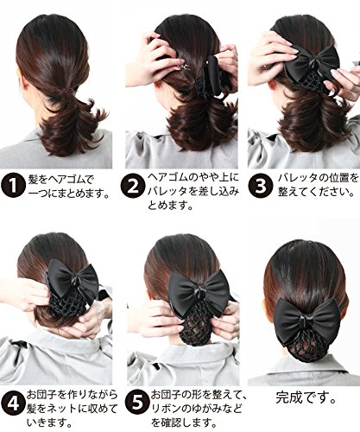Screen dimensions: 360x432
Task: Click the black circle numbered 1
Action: (x=13, y=186)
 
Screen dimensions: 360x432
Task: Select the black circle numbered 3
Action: (x=260, y=186)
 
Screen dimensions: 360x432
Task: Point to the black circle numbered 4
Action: (x=13, y=404)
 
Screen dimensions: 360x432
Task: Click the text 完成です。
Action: (x=306, y=397)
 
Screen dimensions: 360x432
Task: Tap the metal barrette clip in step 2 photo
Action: (x=184, y=67)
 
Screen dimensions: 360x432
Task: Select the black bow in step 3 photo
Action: (x=314, y=61)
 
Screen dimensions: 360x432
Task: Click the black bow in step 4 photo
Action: (x=73, y=278)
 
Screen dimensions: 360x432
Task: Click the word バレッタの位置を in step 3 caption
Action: (x=319, y=178)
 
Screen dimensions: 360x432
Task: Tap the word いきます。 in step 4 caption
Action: (x=49, y=422)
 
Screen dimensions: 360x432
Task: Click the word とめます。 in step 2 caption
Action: (x=170, y=206)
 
